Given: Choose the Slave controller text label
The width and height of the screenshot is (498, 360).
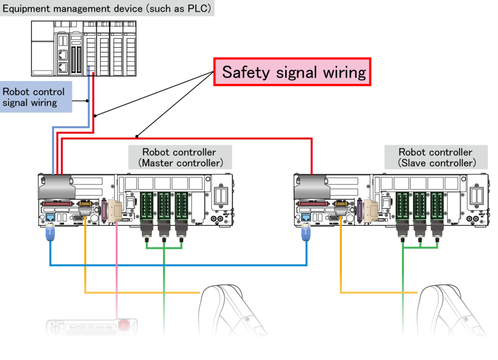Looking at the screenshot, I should click(x=436, y=157).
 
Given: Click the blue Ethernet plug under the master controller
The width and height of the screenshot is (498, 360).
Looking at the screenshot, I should click(x=50, y=235).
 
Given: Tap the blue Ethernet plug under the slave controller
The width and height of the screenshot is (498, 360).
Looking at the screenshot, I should click(x=306, y=235).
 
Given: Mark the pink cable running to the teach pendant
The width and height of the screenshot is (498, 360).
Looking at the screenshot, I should click(x=117, y=273).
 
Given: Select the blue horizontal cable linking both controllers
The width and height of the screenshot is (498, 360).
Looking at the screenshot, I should click(x=177, y=265).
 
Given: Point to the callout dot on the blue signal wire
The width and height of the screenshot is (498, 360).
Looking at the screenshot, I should click(x=86, y=100).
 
